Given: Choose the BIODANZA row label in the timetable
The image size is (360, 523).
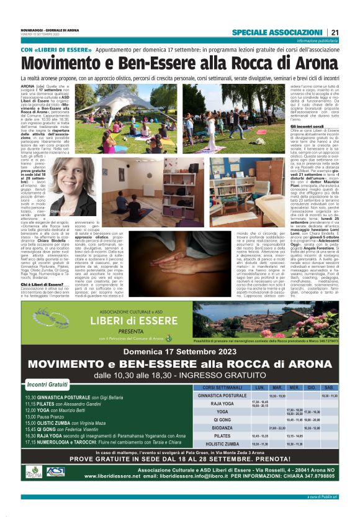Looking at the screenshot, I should [x=222, y=427].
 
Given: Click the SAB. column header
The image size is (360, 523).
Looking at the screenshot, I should [x=329, y=386].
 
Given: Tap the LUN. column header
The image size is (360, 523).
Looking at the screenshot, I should [x=259, y=386].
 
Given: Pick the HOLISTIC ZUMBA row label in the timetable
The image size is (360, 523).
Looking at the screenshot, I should [x=222, y=444].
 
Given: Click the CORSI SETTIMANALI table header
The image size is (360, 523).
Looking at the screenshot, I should [x=222, y=386].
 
